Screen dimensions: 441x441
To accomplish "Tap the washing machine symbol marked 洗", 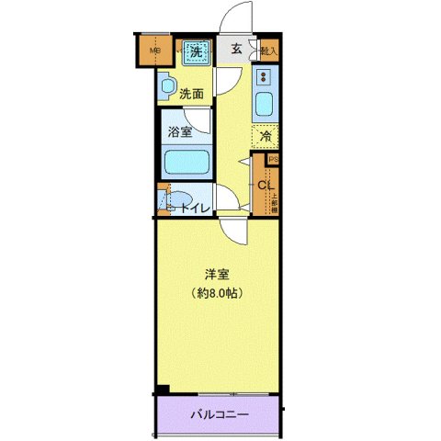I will [x=195, y=52].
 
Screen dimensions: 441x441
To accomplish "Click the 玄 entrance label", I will [x=236, y=51].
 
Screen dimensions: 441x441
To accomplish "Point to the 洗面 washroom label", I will [x=191, y=93].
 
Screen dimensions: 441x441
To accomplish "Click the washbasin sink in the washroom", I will [x=165, y=88].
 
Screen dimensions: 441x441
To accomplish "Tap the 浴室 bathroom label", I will [x=180, y=131].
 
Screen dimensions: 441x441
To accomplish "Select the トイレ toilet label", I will [x=195, y=208].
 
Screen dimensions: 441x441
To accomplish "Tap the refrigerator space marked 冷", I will [x=265, y=136].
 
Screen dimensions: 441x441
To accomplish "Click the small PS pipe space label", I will [x=273, y=159].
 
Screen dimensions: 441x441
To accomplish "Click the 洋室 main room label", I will [x=217, y=273].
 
